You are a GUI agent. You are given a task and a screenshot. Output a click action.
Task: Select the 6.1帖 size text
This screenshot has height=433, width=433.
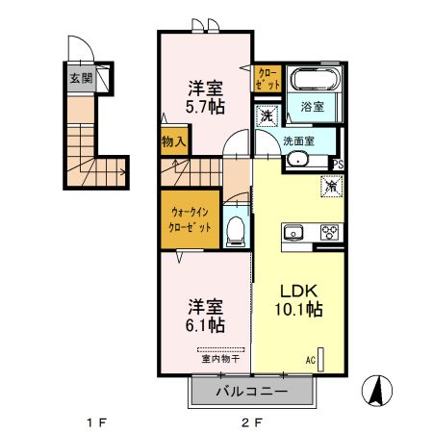coord(205,325)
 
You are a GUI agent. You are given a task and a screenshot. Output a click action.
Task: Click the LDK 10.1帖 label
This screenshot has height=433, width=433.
coord(300,300)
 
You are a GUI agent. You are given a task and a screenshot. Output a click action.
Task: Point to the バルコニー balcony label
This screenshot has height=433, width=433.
coord(251,392)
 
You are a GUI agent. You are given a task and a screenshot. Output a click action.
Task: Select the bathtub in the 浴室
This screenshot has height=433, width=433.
coord(311,83)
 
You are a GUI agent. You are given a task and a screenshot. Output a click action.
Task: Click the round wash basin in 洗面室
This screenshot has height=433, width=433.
coord(297,161)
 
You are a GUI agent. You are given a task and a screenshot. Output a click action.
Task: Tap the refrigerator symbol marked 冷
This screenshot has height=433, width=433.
coord(331,187)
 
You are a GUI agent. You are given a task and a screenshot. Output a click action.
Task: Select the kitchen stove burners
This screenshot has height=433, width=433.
coord(329,232)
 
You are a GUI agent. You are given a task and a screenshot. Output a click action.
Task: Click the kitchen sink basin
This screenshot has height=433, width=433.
coord(294,232)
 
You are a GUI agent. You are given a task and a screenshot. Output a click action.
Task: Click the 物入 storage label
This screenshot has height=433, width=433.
coord(174,141)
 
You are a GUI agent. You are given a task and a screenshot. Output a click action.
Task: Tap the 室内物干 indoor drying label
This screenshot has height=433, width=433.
coord(221,359)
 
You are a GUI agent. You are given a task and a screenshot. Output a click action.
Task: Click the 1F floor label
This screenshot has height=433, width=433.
coord(93,421)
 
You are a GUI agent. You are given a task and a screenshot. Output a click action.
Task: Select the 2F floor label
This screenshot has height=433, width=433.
coord(251,421)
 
